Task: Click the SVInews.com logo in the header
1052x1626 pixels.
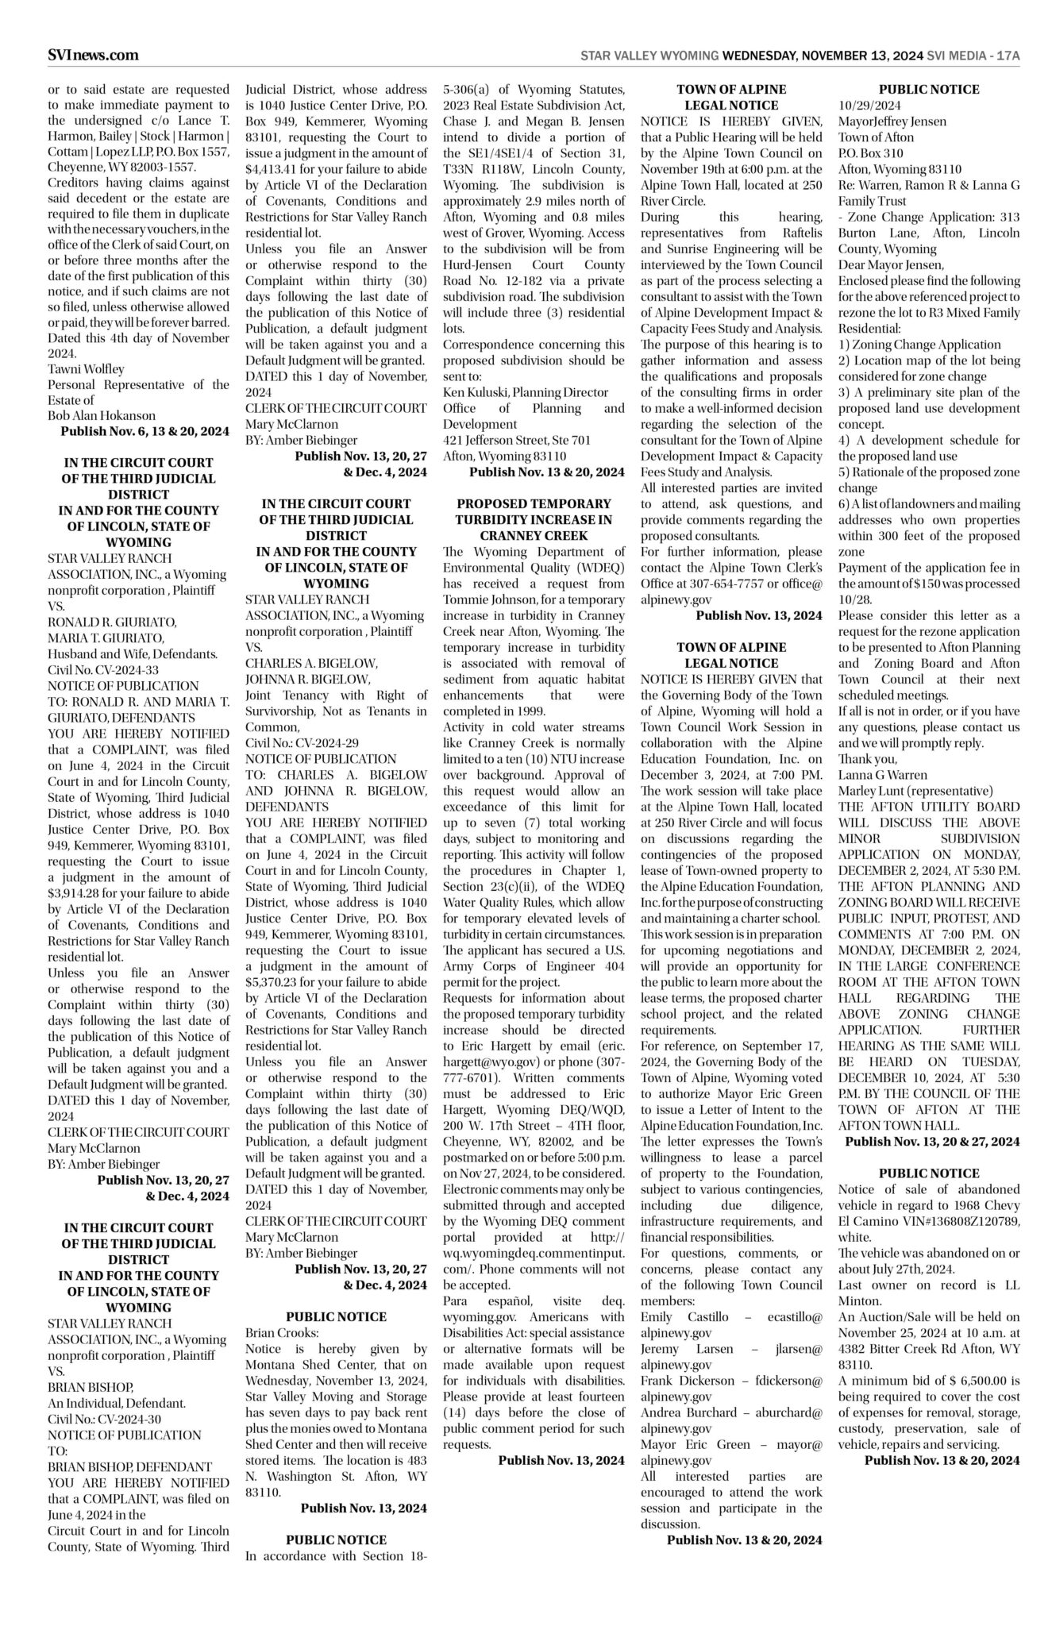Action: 93,55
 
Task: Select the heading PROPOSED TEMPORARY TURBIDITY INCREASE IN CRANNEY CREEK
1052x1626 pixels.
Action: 534,519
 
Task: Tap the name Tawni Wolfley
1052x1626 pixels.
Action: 86,368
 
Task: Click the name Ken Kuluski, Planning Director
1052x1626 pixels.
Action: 526,392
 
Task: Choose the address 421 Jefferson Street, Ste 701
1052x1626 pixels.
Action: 517,440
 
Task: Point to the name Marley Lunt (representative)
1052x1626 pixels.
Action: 915,790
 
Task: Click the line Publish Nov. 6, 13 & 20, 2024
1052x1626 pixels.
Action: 145,431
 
